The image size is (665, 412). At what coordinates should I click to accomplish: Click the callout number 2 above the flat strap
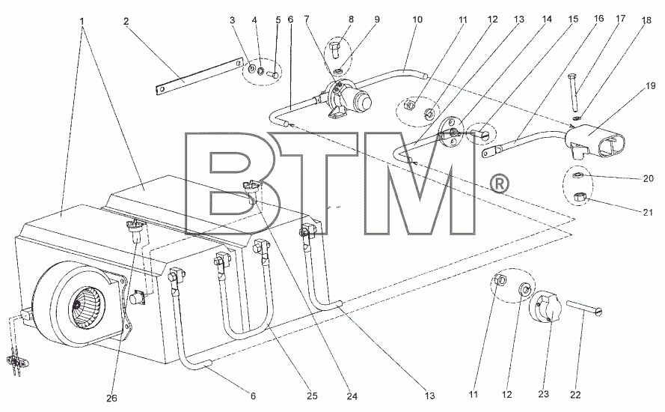point(126,22)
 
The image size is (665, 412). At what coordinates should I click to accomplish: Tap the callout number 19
point(651,86)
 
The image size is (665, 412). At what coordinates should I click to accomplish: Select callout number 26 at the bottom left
point(112,398)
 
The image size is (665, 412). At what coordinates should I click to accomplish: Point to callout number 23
point(543,394)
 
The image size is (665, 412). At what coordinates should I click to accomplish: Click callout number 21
point(648,212)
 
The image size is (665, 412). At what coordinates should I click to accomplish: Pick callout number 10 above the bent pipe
point(417,19)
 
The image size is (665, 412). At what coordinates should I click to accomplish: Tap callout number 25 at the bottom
point(312,396)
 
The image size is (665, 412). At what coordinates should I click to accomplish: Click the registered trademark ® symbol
point(499,184)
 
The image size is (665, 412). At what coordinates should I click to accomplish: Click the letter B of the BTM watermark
point(231,184)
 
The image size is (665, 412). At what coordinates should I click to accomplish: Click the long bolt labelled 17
point(573,91)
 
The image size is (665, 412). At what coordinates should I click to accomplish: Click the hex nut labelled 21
point(579,198)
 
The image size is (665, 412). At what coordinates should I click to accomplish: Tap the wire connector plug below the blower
point(15,363)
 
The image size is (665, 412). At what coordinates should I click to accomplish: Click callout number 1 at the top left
point(82,20)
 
